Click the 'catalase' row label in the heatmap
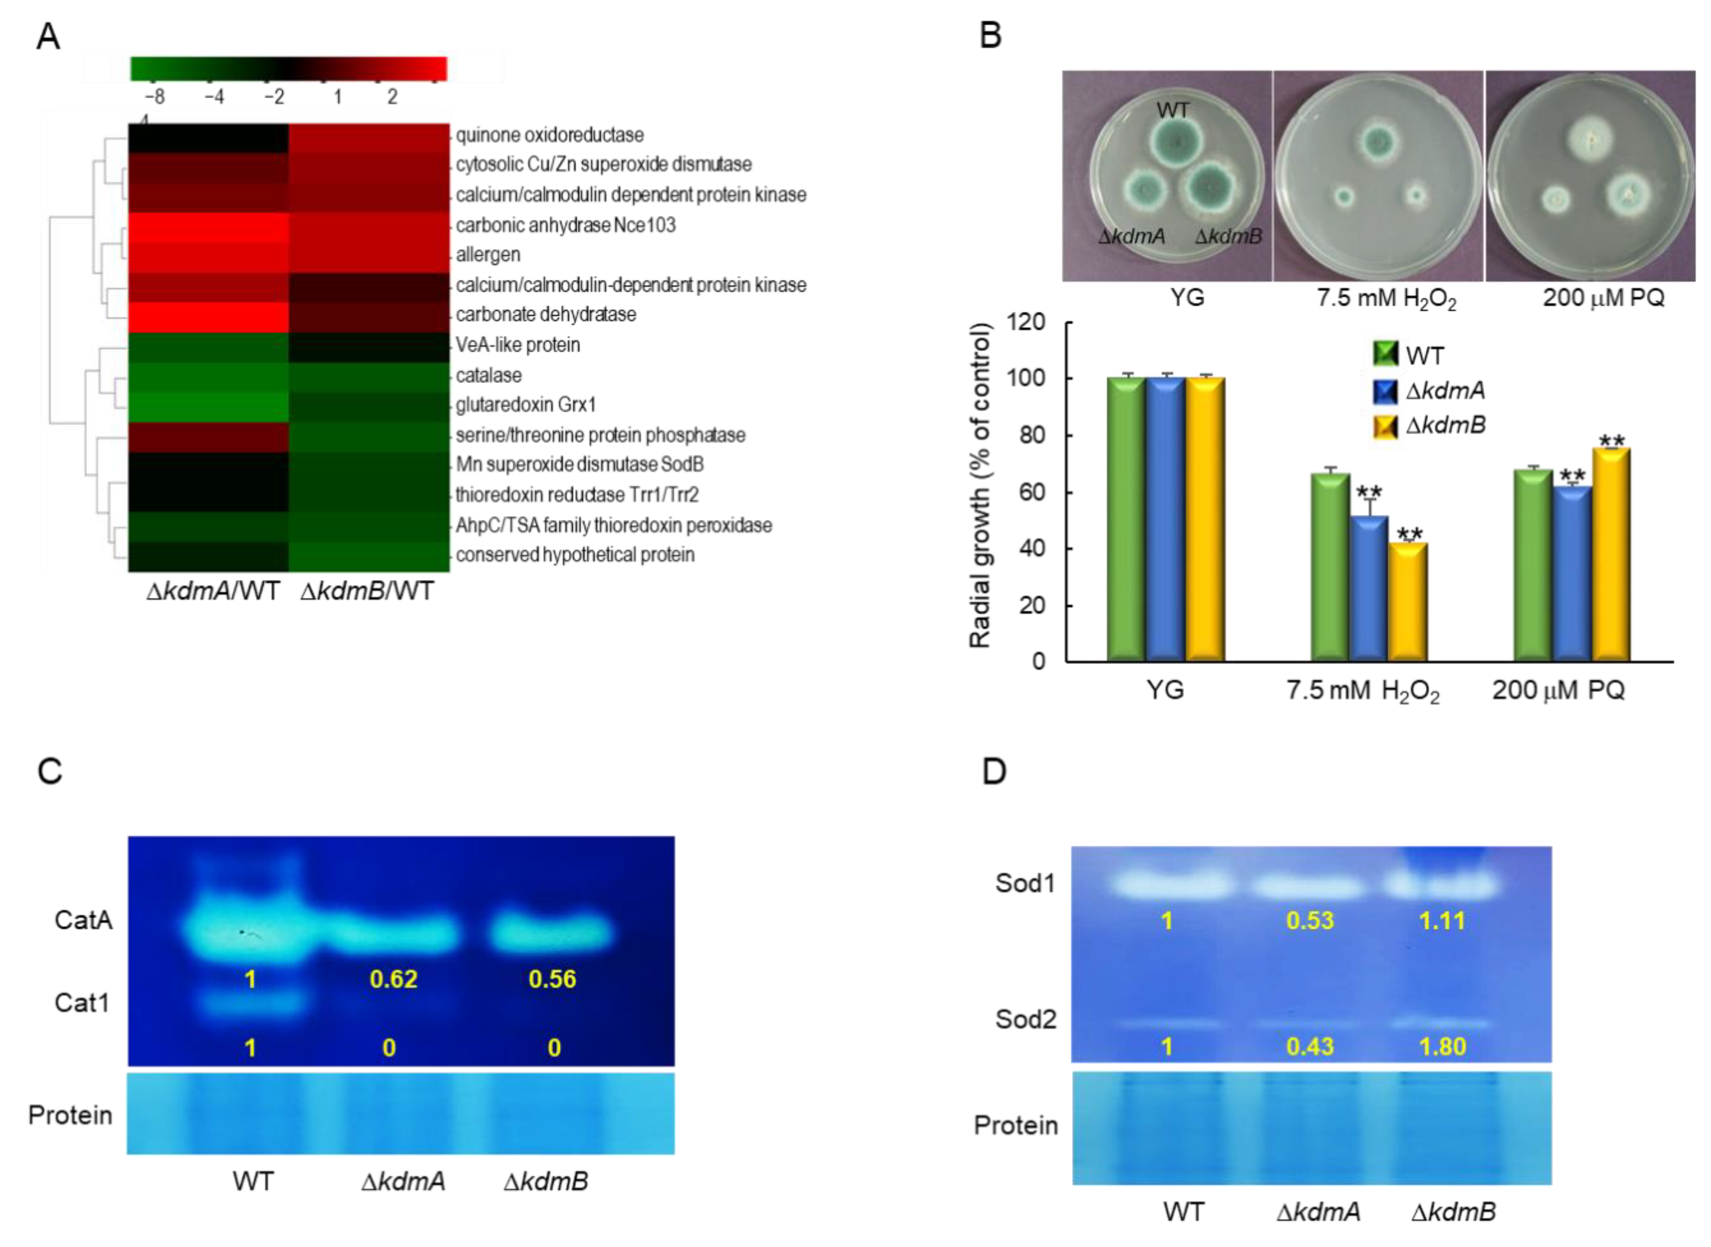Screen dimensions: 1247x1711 tap(488, 375)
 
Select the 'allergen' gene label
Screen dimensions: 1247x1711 tap(488, 254)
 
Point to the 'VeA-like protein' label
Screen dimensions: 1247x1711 tap(518, 345)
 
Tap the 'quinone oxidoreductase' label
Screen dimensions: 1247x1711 tap(549, 135)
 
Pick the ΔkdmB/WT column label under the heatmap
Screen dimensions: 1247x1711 tap(367, 591)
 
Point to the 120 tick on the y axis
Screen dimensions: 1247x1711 tap(1030, 322)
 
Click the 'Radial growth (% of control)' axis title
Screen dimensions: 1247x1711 tap(980, 486)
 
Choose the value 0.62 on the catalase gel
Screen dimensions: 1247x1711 tap(393, 979)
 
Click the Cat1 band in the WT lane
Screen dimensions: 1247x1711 tap(252, 1003)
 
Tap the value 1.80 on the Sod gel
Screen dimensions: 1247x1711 tap(1442, 1046)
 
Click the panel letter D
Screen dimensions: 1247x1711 tap(994, 771)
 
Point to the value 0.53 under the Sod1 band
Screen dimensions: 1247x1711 tap(1310, 920)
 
